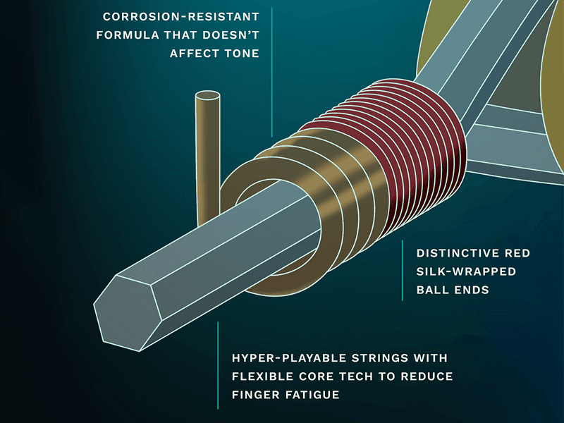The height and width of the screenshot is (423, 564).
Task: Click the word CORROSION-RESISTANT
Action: tap(180, 16)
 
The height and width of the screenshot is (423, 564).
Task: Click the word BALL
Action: tap(432, 290)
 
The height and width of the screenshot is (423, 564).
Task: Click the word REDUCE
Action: tap(428, 376)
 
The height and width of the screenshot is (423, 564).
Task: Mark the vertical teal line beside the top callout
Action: tap(271, 70)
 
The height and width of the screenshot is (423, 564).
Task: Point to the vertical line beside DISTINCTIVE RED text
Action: tap(403, 271)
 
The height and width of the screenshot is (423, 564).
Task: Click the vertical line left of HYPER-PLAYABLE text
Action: tap(218, 365)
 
